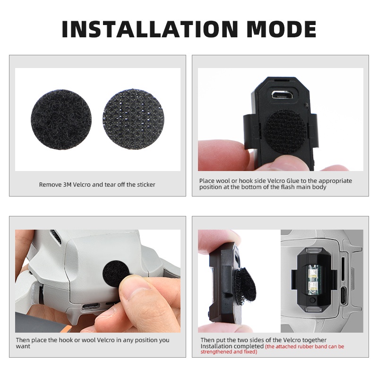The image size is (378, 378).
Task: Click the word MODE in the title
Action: [x=281, y=29]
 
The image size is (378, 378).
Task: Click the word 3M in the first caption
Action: [x=67, y=184]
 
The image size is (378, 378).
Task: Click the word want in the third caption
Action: [x=23, y=346]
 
